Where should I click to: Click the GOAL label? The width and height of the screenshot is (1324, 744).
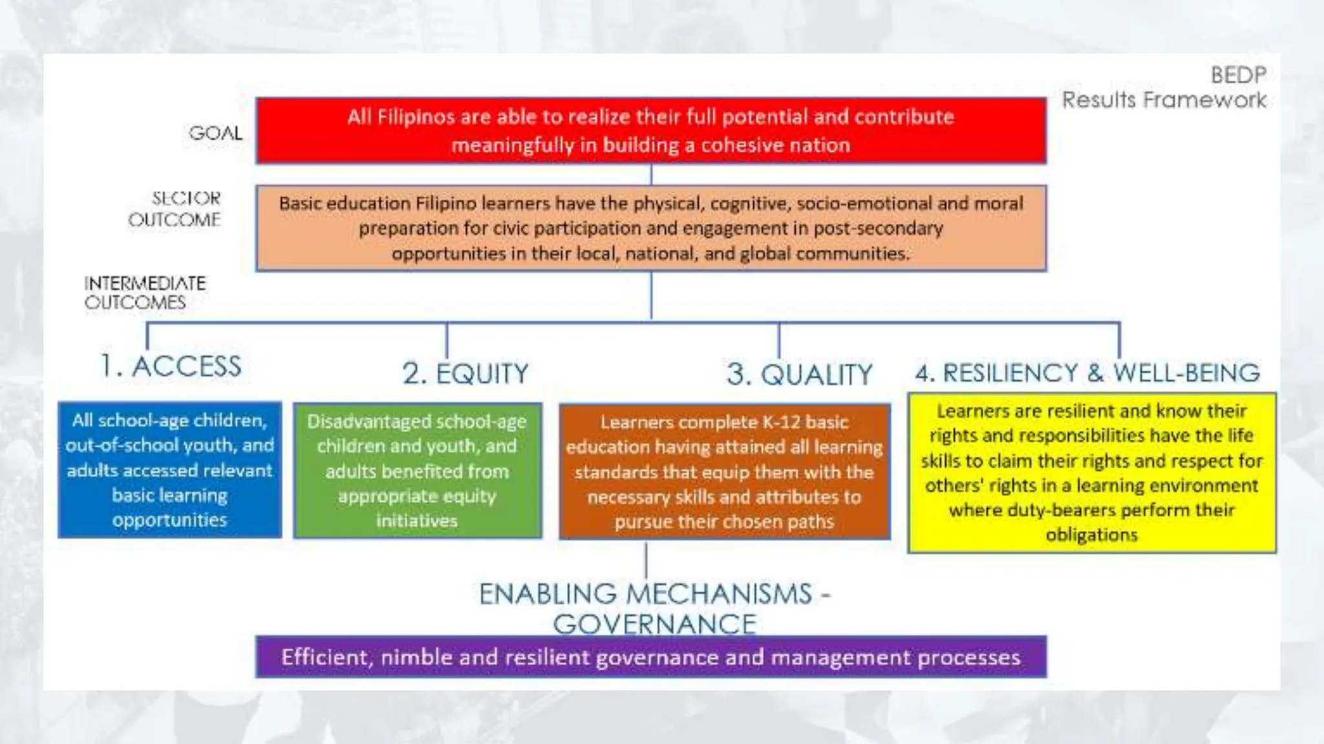[x=215, y=133]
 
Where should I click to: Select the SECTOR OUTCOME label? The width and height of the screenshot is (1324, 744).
[x=175, y=209]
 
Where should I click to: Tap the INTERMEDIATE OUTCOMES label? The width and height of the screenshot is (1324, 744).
[x=144, y=293]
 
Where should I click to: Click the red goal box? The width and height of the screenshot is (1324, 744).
[x=650, y=130]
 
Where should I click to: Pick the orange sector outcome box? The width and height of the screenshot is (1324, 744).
[x=650, y=228]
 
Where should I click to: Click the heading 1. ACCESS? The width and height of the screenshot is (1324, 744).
[x=171, y=366]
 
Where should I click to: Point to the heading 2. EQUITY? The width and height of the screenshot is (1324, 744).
[x=465, y=373]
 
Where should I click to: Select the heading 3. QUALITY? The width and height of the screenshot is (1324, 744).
[x=799, y=375]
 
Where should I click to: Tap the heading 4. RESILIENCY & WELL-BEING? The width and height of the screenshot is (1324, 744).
[x=1087, y=373]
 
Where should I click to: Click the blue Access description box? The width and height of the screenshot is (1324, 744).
[x=169, y=470]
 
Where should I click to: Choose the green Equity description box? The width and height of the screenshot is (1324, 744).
[x=417, y=471]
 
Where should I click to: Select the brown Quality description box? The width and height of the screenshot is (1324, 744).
[x=724, y=471]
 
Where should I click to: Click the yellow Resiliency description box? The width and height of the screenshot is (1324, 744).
[x=1091, y=473]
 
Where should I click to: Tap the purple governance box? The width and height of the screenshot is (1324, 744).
[x=650, y=657]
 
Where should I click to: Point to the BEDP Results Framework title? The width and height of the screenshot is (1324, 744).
[x=1164, y=88]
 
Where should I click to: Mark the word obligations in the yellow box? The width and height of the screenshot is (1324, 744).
[x=1091, y=535]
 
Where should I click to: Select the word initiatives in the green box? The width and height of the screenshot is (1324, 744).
[x=417, y=521]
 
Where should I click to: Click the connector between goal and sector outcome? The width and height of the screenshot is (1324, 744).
[x=651, y=174]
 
